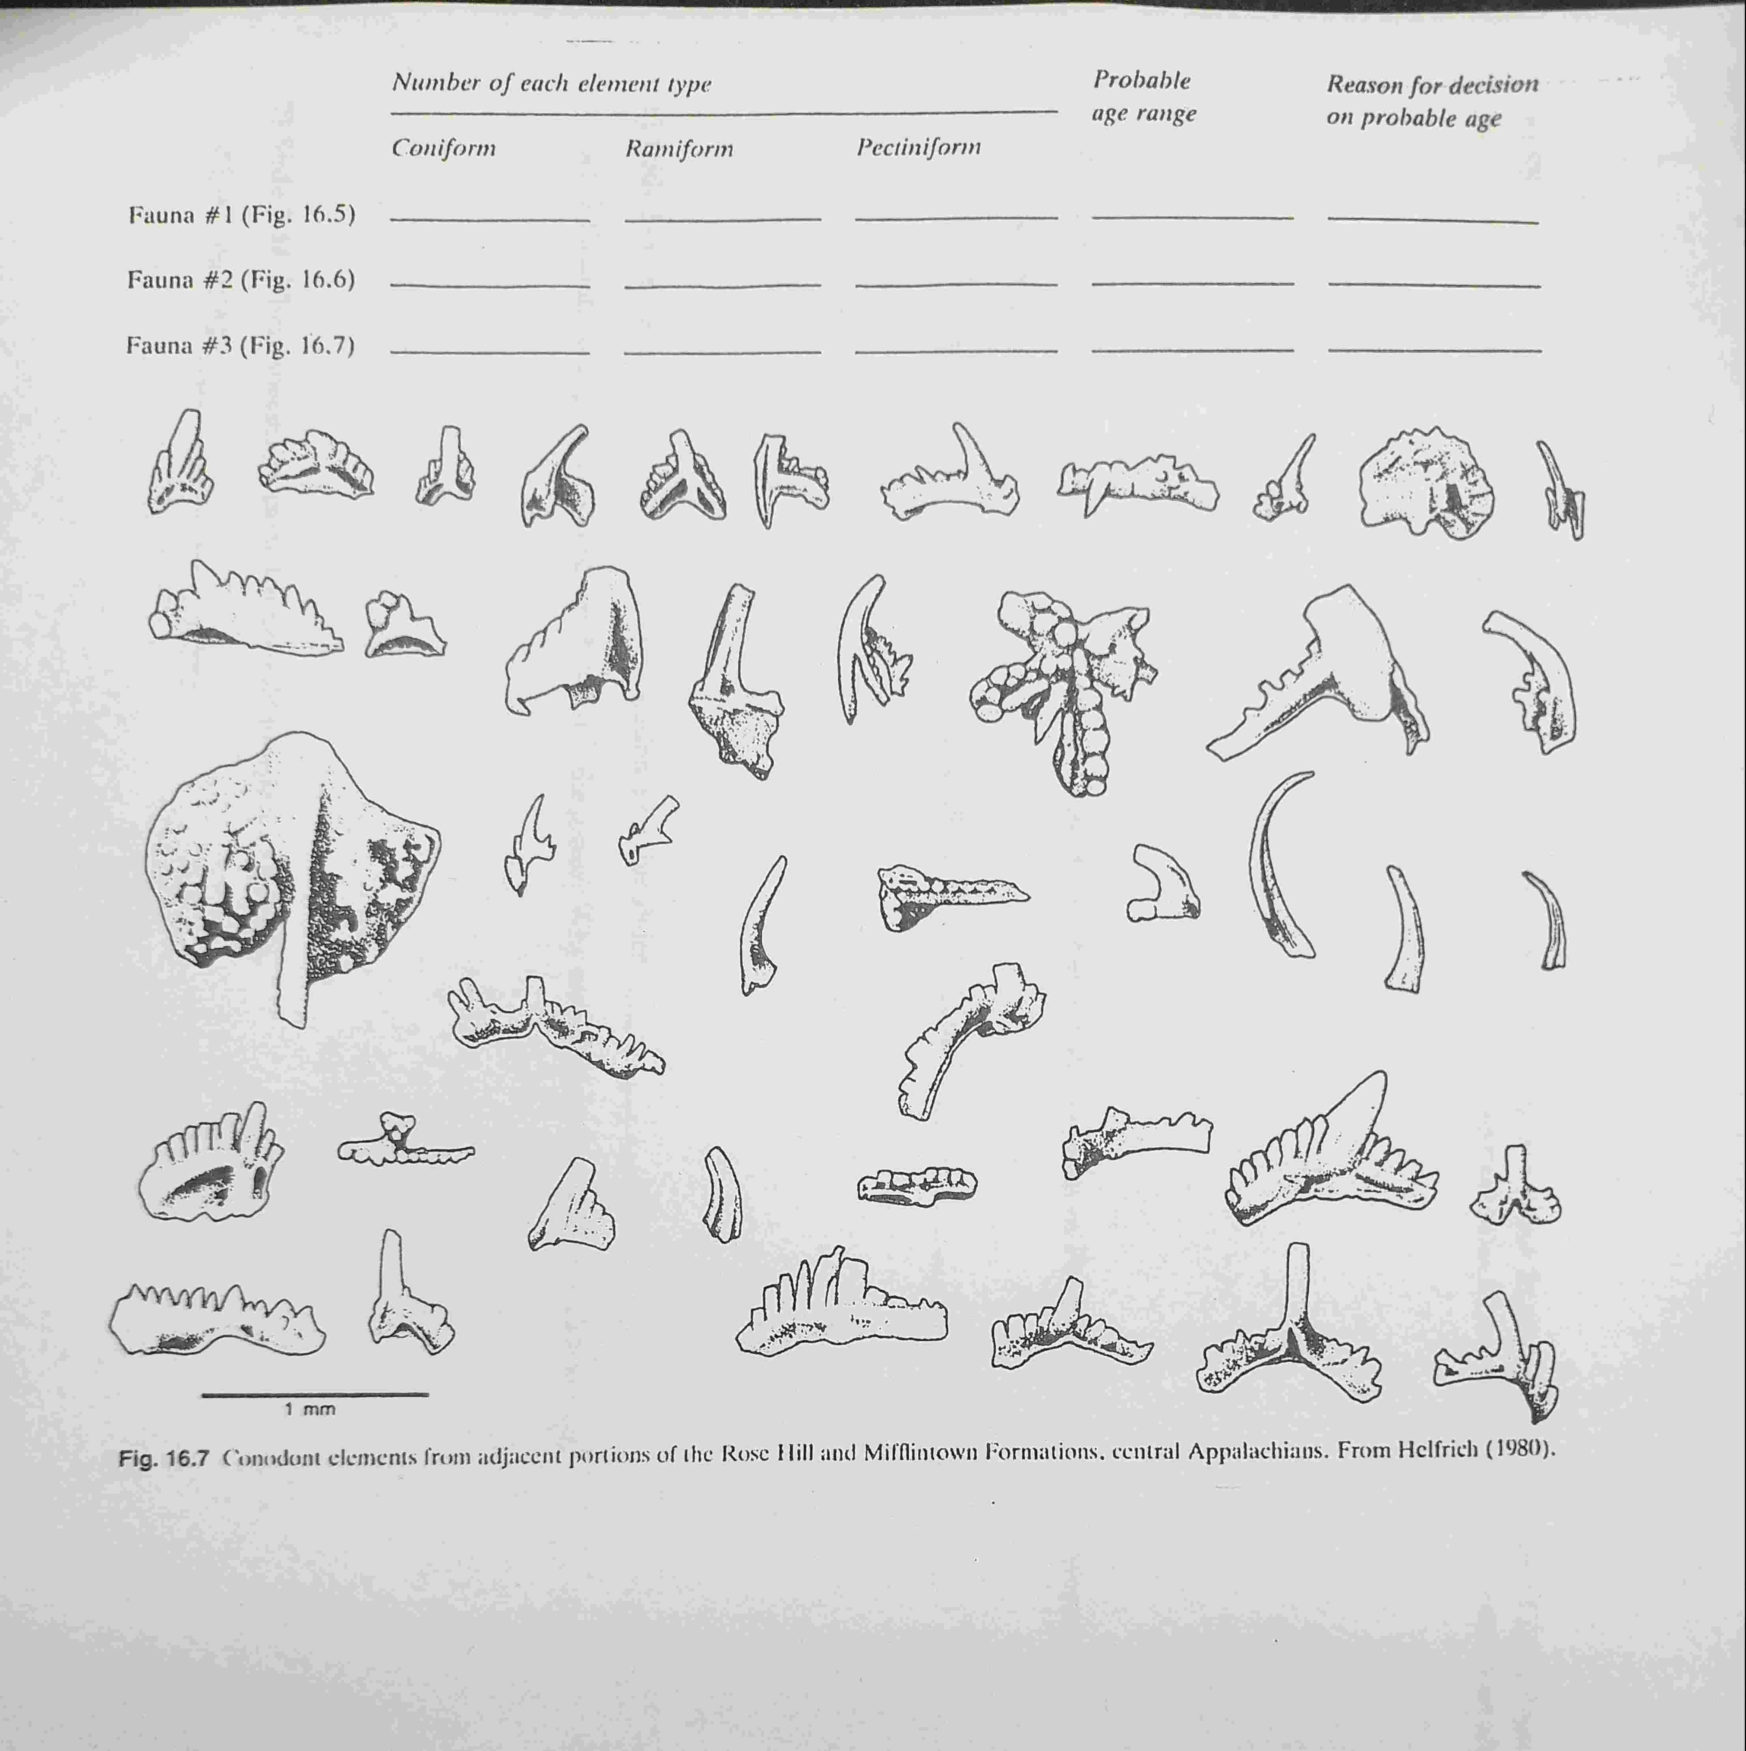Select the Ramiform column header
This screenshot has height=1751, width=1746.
(x=679, y=149)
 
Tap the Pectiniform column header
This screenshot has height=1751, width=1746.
(x=918, y=147)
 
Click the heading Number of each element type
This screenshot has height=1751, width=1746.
(x=551, y=83)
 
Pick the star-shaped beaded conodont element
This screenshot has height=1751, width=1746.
(x=1060, y=684)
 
